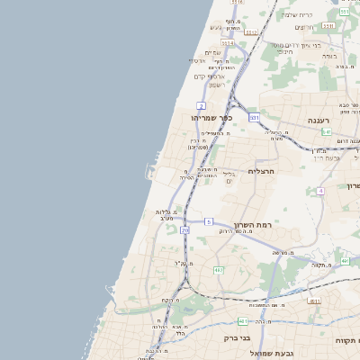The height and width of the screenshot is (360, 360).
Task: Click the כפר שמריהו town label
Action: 212,118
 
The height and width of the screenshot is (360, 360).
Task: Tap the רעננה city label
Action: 319,120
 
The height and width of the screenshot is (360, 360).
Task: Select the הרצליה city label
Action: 260,170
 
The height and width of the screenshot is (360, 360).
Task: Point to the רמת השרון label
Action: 252,225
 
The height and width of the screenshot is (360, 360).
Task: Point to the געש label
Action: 216,27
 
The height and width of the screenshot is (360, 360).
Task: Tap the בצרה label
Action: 329,56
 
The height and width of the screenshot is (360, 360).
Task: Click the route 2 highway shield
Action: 201,105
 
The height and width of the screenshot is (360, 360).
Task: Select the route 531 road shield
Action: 255,117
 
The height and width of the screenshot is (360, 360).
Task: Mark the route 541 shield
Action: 326,131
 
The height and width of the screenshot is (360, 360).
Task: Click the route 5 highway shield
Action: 208,221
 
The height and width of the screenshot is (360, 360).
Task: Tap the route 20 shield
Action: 185,230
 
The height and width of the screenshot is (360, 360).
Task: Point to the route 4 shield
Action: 320,191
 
